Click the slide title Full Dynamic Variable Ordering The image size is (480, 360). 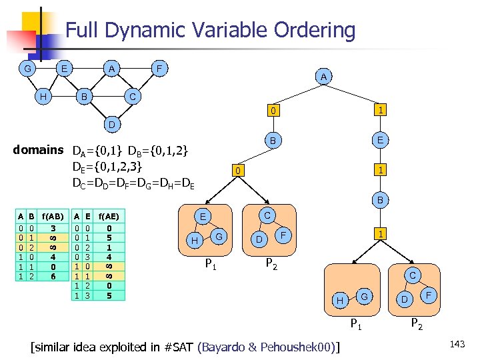(x=210, y=31)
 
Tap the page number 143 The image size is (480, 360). (x=457, y=344)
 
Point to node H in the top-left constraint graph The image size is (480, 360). (x=43, y=97)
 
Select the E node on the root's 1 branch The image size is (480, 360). (x=380, y=141)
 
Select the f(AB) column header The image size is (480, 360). (x=53, y=216)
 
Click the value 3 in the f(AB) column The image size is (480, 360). (x=53, y=227)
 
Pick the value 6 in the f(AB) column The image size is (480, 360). (x=53, y=275)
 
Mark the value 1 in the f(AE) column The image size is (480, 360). (x=109, y=246)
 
